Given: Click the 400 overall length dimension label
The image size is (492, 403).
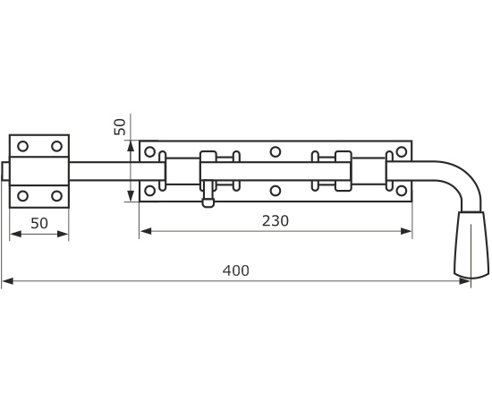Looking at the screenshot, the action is tap(236, 270).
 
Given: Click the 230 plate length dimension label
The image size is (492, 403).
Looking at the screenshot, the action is tap(276, 221).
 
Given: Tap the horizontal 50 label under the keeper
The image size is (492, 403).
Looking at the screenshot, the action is tap(39, 223).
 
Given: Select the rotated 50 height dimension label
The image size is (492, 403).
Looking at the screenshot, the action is tap(120, 127).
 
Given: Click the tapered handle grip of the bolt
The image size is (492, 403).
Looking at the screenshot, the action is tap(471, 245).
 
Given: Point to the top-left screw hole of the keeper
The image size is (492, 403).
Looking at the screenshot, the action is tap(22, 146).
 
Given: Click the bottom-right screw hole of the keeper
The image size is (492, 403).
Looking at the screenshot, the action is tap(56, 196).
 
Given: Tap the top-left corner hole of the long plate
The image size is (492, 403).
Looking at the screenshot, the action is tap(150, 152).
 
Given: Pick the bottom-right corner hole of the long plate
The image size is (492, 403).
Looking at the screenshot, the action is tap(402, 191).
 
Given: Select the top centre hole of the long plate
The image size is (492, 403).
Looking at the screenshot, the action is tap(276, 152).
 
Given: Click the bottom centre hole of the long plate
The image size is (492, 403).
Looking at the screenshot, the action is tap(276, 191).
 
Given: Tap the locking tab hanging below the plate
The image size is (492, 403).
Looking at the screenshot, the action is tap(208, 194).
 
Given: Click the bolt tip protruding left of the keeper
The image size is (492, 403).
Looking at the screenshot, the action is tap(5, 171).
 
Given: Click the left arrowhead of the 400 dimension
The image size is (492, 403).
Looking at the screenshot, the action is tap(7, 281).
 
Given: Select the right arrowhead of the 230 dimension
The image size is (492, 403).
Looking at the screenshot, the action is tap(406, 231).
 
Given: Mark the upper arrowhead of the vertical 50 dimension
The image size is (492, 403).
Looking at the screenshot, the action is tap(131, 146).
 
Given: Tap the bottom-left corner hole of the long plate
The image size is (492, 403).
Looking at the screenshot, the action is tap(150, 191).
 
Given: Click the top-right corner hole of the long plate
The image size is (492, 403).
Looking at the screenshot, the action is tap(402, 152).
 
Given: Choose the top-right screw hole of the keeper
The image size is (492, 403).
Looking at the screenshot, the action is tap(56, 146).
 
